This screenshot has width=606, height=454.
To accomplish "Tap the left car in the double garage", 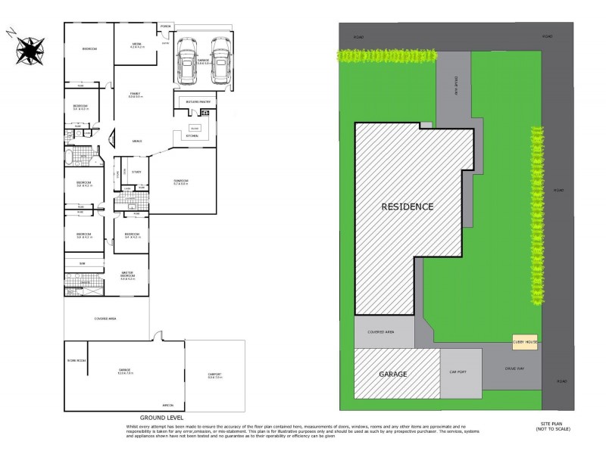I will (187, 62).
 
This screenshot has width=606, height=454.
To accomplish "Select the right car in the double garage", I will (219, 62).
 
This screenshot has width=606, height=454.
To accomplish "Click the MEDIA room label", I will (137, 45).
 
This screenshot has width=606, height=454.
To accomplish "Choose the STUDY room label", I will (137, 172).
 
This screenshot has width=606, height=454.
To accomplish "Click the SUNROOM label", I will (181, 182).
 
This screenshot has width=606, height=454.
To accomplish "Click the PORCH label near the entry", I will (166, 27).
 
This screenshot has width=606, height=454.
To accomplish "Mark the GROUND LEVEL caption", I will (158, 418).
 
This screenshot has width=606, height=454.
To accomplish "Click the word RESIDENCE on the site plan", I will (407, 207).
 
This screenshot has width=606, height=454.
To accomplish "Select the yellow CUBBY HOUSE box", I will (524, 342).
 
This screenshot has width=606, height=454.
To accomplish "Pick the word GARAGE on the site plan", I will (393, 375).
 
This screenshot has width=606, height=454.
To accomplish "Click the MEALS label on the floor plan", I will (137, 141).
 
